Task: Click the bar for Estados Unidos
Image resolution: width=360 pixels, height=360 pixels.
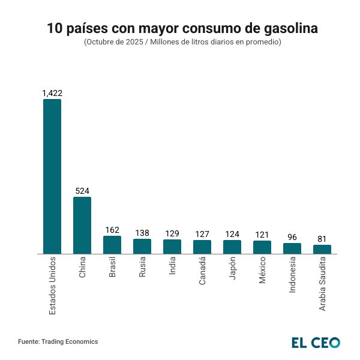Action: (52, 176)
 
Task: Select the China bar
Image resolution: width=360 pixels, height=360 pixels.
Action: (82, 225)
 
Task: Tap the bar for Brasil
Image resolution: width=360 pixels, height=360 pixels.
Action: (112, 245)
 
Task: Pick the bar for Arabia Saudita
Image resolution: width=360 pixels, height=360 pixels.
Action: (322, 249)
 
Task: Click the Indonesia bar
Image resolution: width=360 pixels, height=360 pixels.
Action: (292, 248)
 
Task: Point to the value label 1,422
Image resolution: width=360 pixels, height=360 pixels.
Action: (52, 93)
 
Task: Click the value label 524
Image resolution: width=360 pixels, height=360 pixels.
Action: (82, 191)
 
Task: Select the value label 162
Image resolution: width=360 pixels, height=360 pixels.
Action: (112, 230)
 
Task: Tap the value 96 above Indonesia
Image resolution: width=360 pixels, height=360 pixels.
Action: (292, 237)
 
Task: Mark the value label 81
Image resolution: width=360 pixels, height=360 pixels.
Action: (322, 239)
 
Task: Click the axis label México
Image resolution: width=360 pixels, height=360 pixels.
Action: (262, 271)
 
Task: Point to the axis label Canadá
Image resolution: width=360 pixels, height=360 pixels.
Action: (202, 271)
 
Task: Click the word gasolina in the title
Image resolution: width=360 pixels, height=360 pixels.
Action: (288, 28)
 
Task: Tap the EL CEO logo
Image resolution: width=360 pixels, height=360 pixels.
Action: (316, 343)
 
